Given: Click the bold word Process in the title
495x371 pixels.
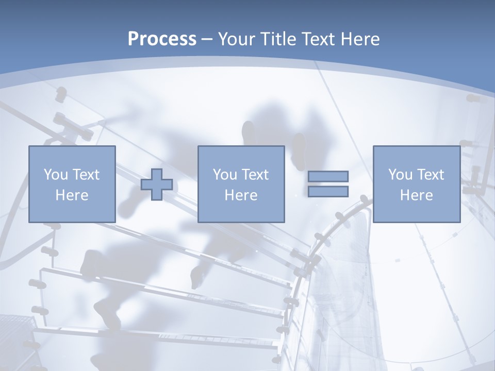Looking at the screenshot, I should pyautogui.click(x=162, y=39).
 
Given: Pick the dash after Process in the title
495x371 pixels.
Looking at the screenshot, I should pyautogui.click(x=207, y=40).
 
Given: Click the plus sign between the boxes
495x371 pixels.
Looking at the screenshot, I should pyautogui.click(x=157, y=184).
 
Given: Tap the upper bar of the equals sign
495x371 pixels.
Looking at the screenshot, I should pyautogui.click(x=328, y=176).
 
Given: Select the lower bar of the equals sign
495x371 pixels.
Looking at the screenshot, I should pyautogui.click(x=328, y=192).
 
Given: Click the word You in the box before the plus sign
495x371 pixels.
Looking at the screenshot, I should pyautogui.click(x=56, y=175).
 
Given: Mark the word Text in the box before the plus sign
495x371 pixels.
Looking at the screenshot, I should pyautogui.click(x=86, y=175).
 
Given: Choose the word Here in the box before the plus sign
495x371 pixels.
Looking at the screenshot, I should pyautogui.click(x=72, y=195).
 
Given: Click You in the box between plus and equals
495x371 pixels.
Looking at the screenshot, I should pyautogui.click(x=225, y=175).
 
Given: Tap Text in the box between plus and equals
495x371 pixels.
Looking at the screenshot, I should pyautogui.click(x=255, y=175).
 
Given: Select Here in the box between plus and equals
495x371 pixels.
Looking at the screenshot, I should pyautogui.click(x=241, y=195).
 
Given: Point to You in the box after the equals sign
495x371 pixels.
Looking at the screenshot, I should pyautogui.click(x=400, y=175).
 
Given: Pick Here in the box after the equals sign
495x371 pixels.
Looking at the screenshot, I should pyautogui.click(x=416, y=195).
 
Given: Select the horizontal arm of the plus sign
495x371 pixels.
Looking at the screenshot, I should pyautogui.click(x=146, y=184).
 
